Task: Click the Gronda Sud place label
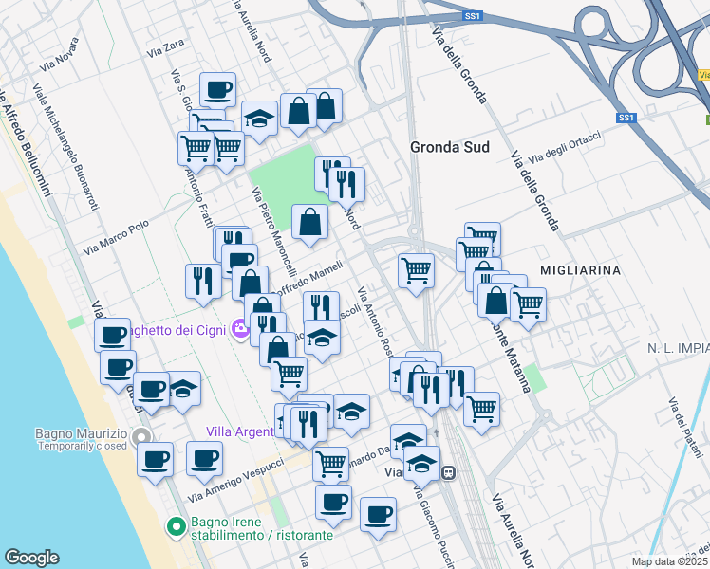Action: click(x=448, y=147)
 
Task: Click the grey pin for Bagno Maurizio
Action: click(x=142, y=436)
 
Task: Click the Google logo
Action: click(x=31, y=558)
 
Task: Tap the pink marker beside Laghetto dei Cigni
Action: click(x=240, y=328)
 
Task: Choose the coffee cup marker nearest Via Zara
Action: click(x=217, y=90)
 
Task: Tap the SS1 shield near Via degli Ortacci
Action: click(x=625, y=118)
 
